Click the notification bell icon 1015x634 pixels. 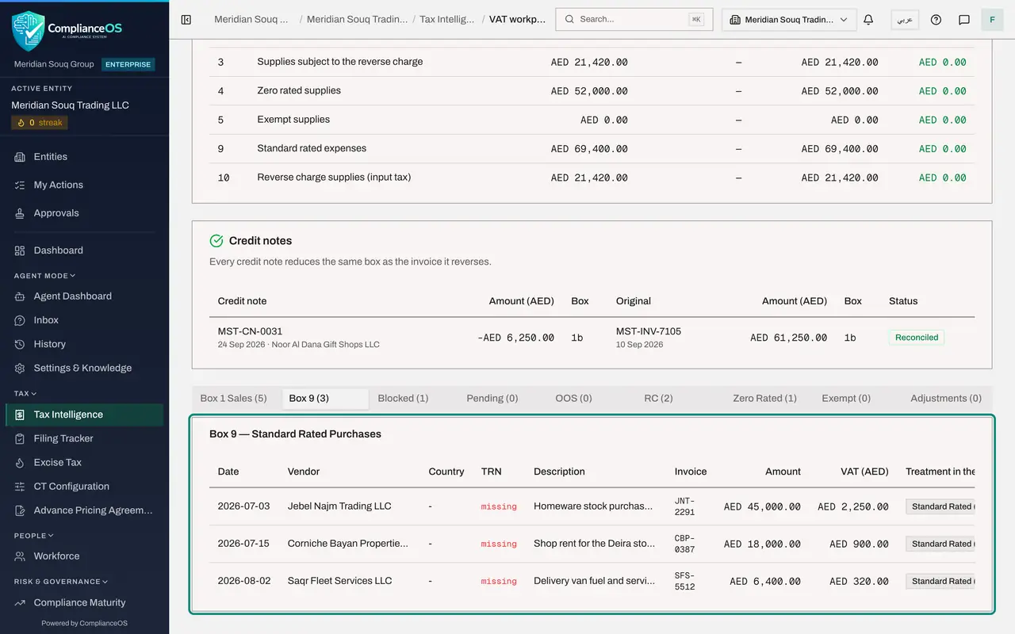click(868, 20)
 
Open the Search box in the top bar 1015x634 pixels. click(634, 20)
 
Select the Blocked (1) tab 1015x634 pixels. click(403, 398)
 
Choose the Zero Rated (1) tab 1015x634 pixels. click(764, 398)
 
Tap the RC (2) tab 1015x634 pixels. click(658, 398)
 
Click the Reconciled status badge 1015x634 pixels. click(916, 338)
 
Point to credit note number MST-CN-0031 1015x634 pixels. click(250, 331)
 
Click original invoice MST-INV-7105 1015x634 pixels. click(648, 331)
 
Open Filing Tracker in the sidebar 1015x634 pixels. click(63, 438)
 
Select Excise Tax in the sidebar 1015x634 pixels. click(58, 462)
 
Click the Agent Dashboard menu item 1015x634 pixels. click(72, 296)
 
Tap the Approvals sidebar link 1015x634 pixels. click(56, 213)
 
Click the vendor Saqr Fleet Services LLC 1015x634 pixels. click(339, 581)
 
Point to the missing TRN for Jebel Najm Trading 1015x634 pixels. click(499, 506)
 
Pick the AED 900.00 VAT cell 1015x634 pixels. click(859, 544)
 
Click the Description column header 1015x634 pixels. click(559, 472)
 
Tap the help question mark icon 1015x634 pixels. click(936, 20)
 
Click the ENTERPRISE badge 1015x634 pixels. click(128, 64)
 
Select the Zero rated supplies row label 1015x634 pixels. click(299, 90)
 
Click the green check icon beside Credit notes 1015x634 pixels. click(216, 241)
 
